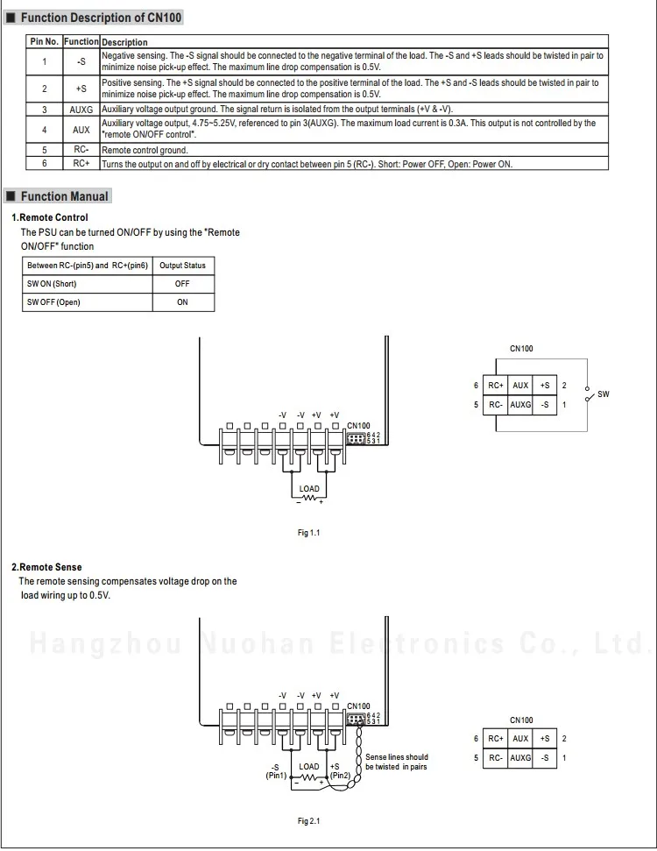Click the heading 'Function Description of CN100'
[x=102, y=17]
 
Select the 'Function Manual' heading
[x=64, y=196]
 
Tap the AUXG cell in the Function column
[x=81, y=110]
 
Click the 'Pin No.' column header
[x=45, y=41]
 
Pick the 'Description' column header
[x=124, y=42]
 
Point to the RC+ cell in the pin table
[x=81, y=163]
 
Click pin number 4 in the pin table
[x=45, y=130]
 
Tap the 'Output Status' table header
[x=182, y=266]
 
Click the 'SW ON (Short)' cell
[x=52, y=284]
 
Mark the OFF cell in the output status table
[x=182, y=284]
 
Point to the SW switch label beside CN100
[x=603, y=394]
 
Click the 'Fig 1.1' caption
[x=309, y=533]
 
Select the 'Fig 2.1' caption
[x=309, y=821]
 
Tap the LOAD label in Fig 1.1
[x=309, y=489]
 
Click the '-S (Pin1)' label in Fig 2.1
[x=276, y=771]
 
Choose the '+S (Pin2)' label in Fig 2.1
[x=339, y=771]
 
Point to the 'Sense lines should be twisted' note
[x=397, y=762]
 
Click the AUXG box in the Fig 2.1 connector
[x=520, y=758]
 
